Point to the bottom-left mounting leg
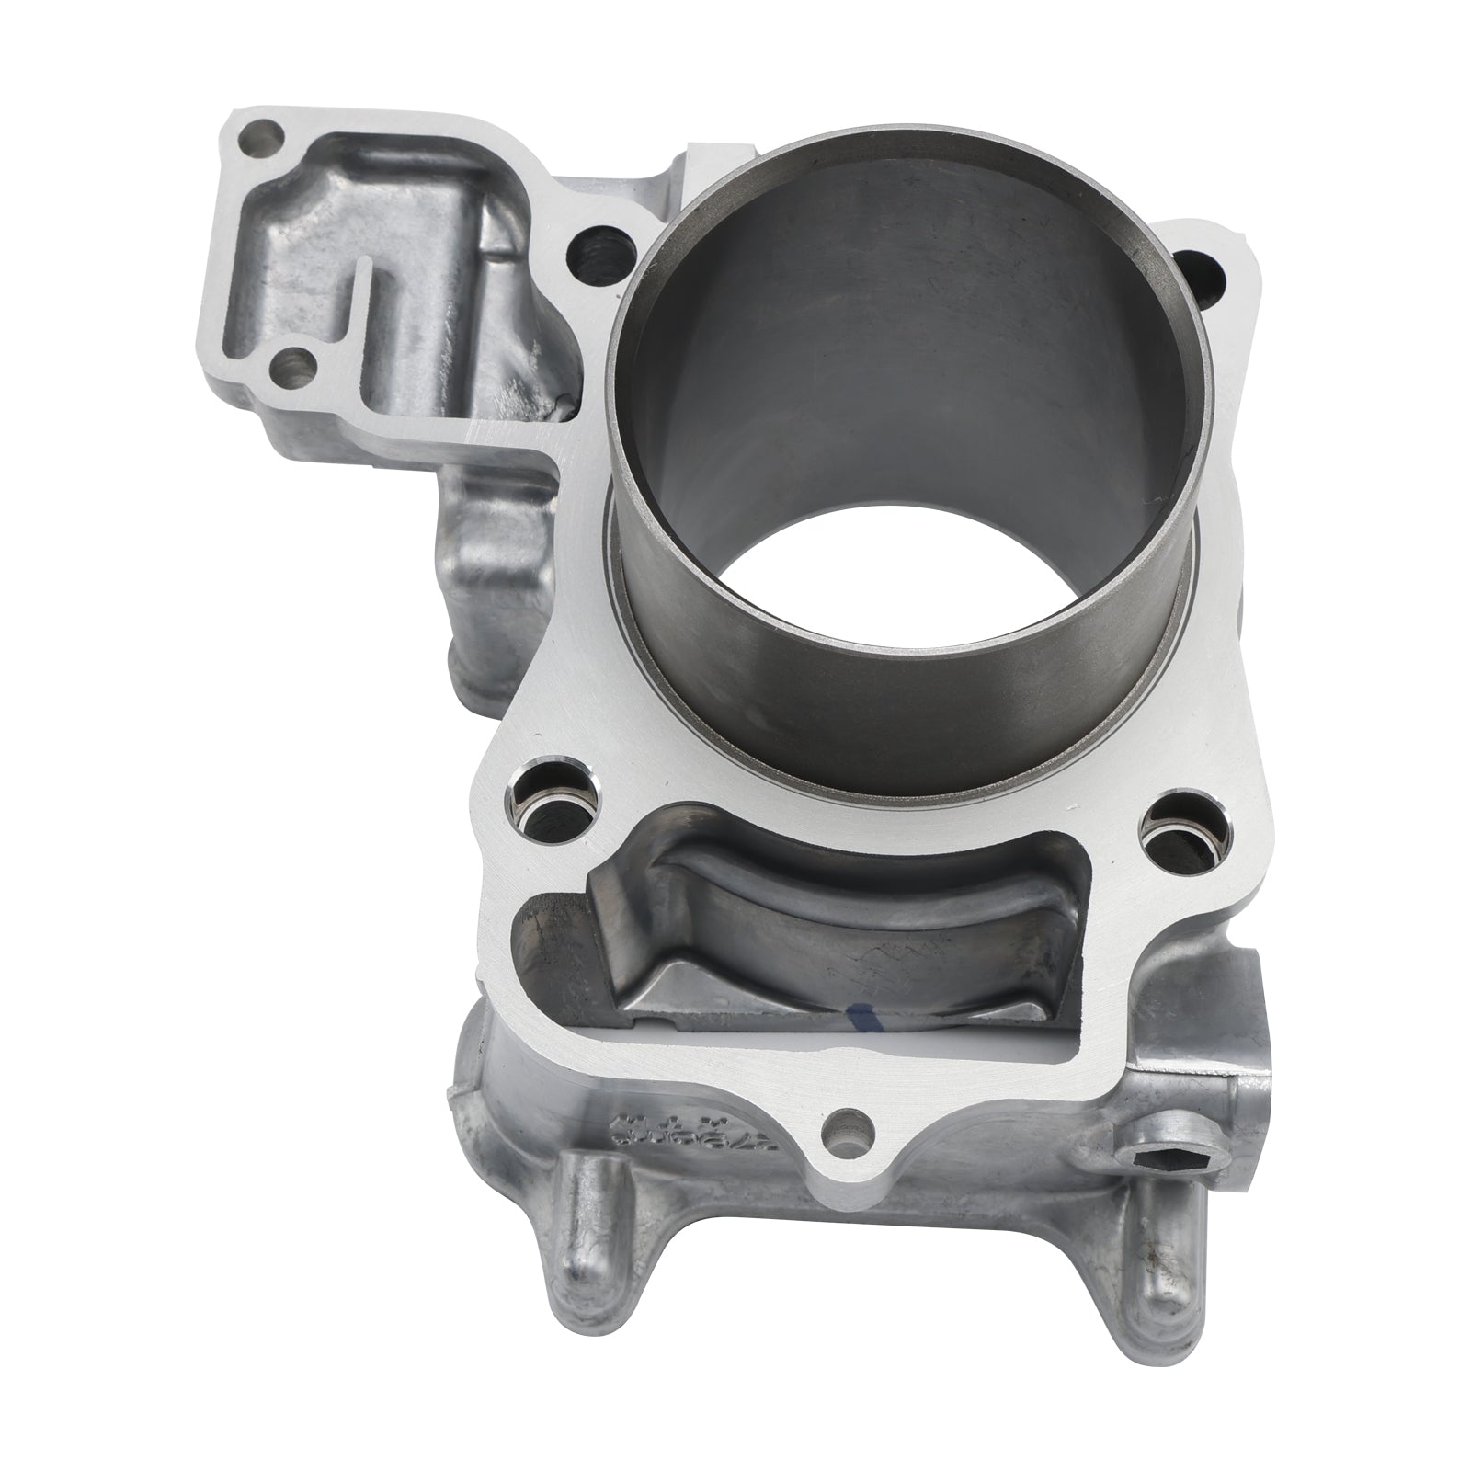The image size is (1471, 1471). tap(581, 1223)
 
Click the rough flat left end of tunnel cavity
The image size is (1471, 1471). tap(552, 929)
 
